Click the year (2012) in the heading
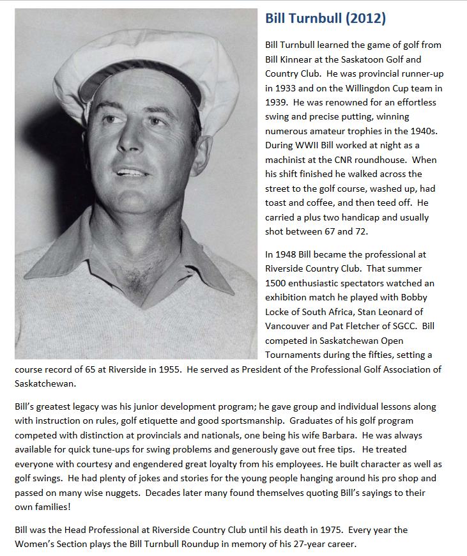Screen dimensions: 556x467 365,19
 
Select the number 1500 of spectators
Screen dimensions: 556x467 276,283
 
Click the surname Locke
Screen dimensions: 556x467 279,312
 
